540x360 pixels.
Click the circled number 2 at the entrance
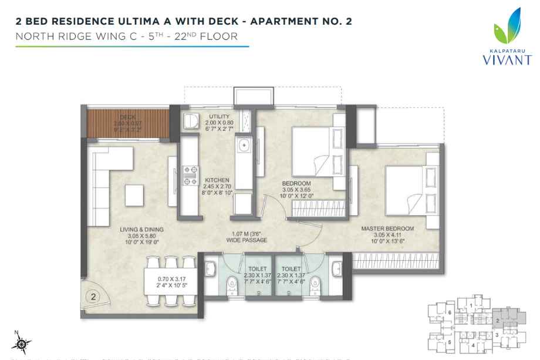point(93,297)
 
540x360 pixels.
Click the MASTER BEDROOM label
point(388,228)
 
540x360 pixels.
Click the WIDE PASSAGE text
point(249,241)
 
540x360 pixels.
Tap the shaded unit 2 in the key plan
point(498,321)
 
